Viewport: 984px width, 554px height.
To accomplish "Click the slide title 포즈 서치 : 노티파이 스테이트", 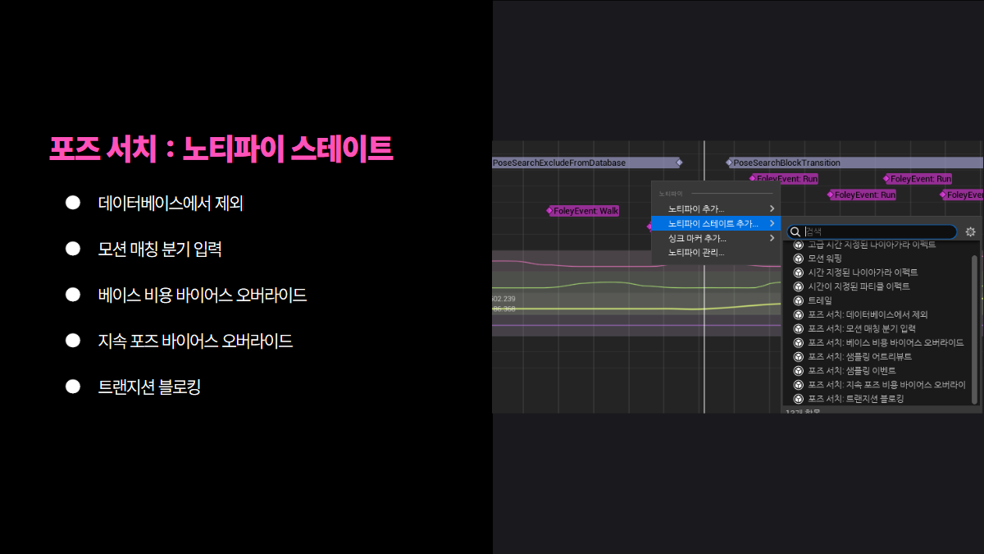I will click(x=221, y=149).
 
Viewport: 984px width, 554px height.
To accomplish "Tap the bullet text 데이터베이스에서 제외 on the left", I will click(x=171, y=203).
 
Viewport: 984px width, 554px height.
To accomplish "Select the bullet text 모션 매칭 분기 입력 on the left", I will click(x=160, y=249).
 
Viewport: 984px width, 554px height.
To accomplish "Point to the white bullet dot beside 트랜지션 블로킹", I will click(x=73, y=386).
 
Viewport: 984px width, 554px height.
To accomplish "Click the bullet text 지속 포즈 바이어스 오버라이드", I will click(x=195, y=340).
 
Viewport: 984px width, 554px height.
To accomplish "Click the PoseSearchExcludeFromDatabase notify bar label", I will click(x=559, y=163).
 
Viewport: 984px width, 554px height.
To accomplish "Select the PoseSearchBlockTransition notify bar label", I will click(x=786, y=163).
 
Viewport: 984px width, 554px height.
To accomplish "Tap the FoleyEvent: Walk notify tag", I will click(x=585, y=211).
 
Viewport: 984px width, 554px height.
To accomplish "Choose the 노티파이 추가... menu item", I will click(x=696, y=208).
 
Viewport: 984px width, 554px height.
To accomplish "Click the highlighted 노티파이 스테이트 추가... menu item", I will click(x=713, y=223).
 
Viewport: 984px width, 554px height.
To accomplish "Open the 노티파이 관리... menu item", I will click(x=696, y=252).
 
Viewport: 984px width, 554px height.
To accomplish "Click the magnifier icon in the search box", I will click(x=795, y=232).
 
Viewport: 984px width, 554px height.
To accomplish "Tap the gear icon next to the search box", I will click(x=970, y=232).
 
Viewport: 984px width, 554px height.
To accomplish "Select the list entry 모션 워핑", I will click(x=825, y=258).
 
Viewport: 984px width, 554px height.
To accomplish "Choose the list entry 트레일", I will click(x=819, y=300).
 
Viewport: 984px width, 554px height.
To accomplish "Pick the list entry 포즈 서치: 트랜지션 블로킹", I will click(x=855, y=399).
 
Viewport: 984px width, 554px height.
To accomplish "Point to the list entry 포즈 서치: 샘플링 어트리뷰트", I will click(x=859, y=356).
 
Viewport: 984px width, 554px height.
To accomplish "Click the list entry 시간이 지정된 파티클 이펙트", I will click(x=859, y=286).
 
